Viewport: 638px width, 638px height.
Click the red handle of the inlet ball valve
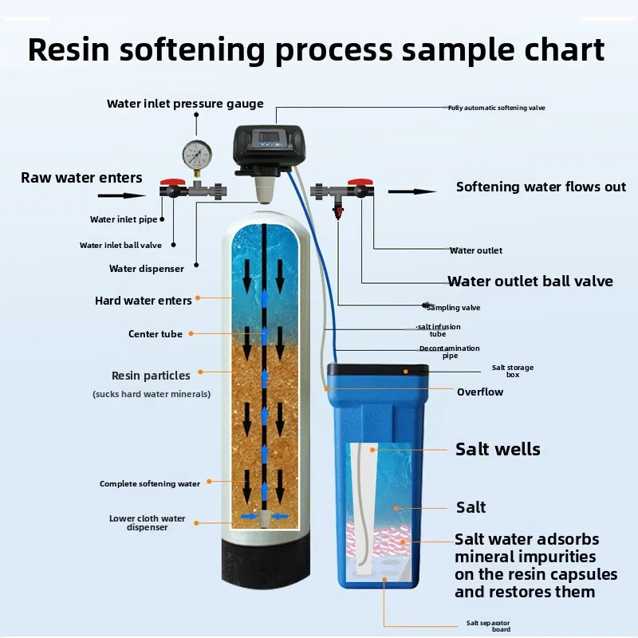[169, 183]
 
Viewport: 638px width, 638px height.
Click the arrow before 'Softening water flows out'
[412, 191]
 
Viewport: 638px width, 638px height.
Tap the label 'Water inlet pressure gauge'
[185, 104]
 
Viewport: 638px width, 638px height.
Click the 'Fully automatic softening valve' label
[496, 108]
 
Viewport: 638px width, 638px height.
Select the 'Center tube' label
[156, 334]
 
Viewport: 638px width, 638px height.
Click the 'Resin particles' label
[151, 376]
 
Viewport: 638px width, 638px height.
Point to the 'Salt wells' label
[498, 449]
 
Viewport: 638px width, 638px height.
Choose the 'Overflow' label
[480, 392]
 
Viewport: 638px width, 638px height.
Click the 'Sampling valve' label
[453, 307]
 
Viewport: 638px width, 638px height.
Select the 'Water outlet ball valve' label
[530, 281]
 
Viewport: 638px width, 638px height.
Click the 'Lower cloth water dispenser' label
[147, 522]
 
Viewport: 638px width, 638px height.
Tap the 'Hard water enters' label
[144, 301]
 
